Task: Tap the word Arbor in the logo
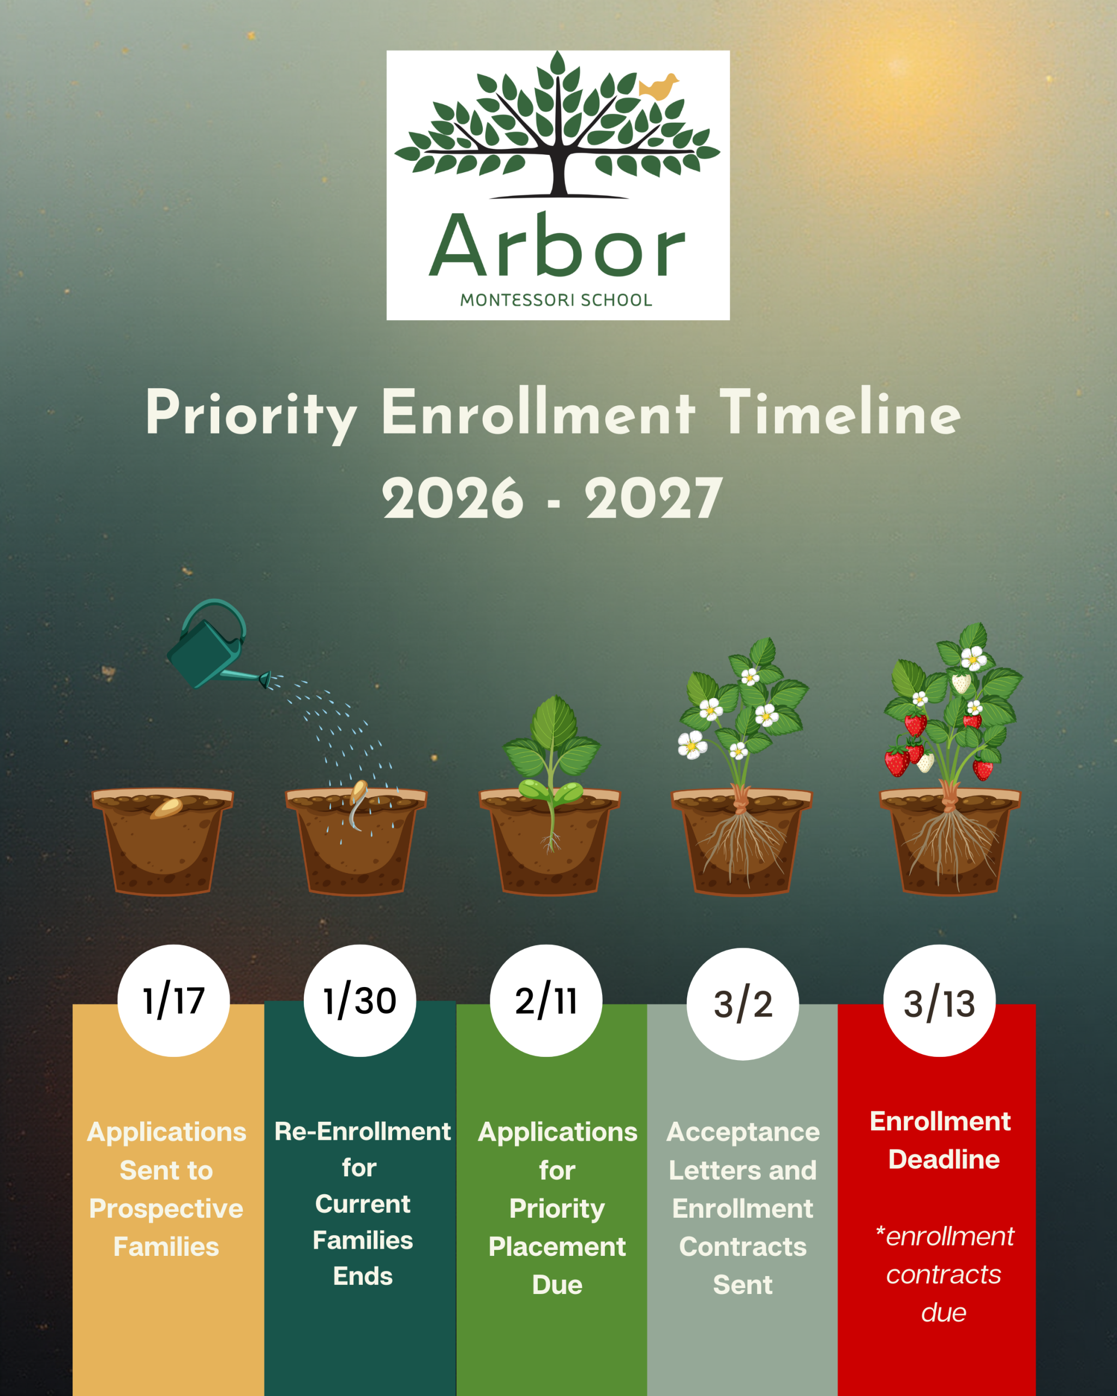[x=557, y=245]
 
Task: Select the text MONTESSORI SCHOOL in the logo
[x=556, y=300]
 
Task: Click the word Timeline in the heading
[x=840, y=412]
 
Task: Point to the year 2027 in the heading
[x=653, y=498]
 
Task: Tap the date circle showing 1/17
[x=173, y=1001]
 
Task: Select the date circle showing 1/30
[x=360, y=1001]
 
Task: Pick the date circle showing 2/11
[x=547, y=1001]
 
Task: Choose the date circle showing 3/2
[x=743, y=1003]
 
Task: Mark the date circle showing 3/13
[x=940, y=1001]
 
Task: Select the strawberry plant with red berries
[x=952, y=719]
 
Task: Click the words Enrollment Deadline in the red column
[x=940, y=1140]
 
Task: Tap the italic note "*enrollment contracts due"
[x=944, y=1274]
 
